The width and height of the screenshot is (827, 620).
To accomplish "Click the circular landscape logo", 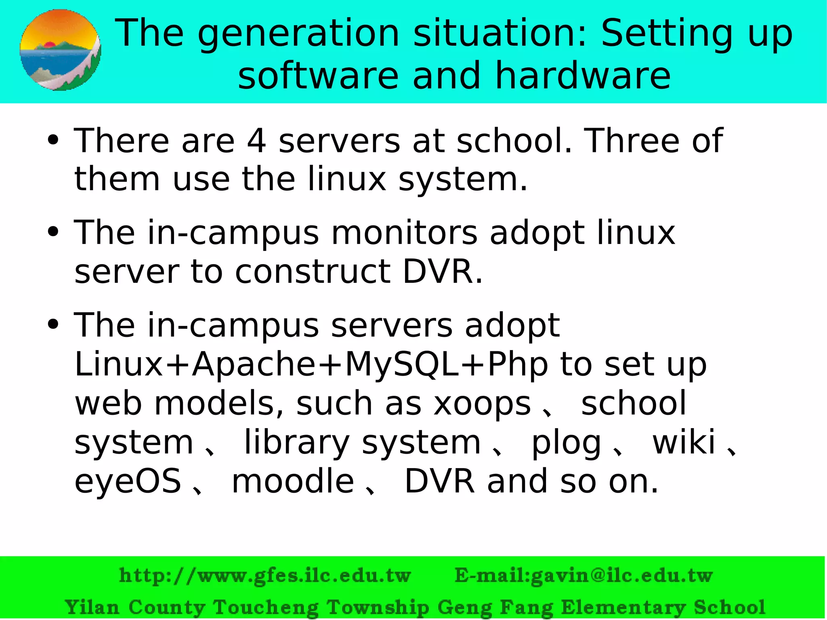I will pyautogui.click(x=60, y=50).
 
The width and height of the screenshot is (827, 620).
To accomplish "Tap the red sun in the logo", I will pyautogui.click(x=50, y=44).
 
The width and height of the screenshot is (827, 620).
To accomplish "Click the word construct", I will pyautogui.click(x=313, y=271).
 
